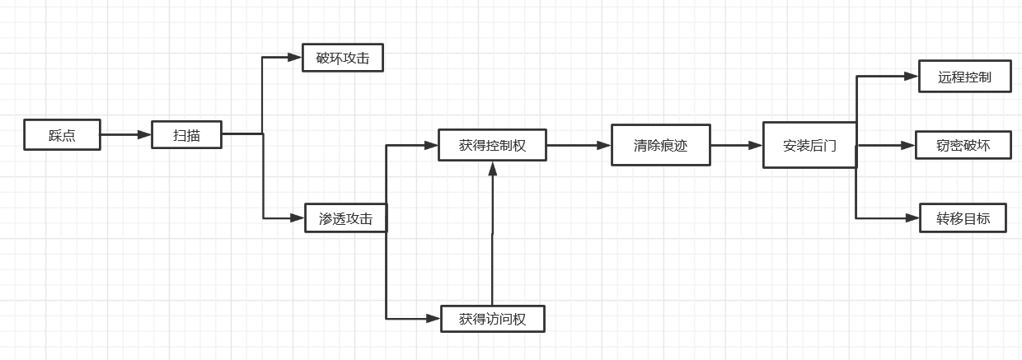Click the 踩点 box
[62, 135]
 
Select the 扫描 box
[186, 134]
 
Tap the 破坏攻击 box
[343, 58]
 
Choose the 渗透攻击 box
[345, 218]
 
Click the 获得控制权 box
[492, 146]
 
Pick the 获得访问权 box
[492, 318]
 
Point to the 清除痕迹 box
[660, 146]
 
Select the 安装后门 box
[809, 146]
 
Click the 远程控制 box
[964, 77]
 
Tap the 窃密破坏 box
[963, 146]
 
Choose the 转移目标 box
[963, 218]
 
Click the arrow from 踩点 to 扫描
[126, 134]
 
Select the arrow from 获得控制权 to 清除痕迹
[579, 146]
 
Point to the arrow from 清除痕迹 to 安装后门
[737, 146]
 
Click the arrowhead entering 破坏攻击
[295, 58]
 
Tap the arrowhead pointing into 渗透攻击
[298, 218]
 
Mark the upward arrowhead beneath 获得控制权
[492, 168]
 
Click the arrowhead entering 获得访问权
[434, 318]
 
